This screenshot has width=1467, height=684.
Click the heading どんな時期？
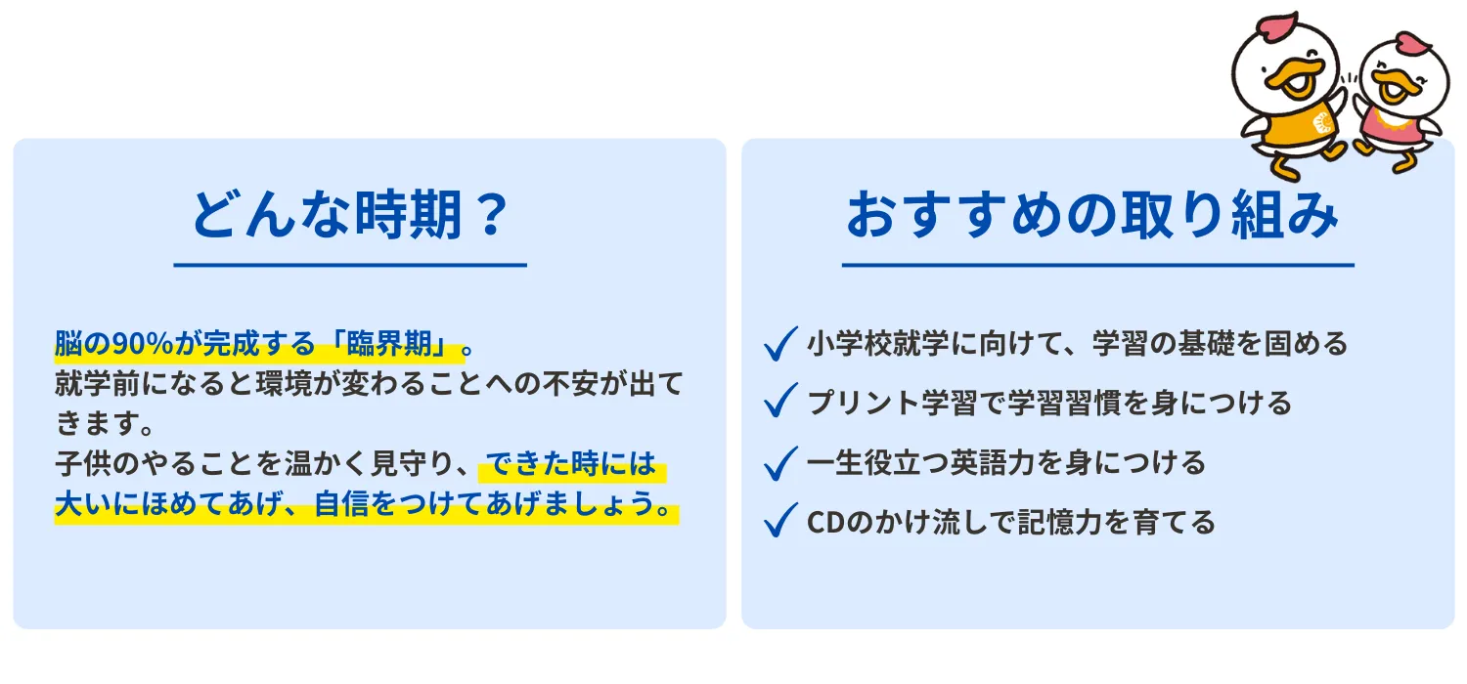(x=350, y=215)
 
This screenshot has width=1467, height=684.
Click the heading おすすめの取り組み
(x=1091, y=215)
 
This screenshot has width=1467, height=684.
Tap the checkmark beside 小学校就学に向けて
(x=780, y=344)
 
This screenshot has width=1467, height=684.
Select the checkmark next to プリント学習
(x=780, y=403)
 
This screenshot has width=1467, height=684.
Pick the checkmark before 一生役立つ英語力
(x=780, y=462)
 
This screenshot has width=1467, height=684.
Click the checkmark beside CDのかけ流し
(x=780, y=521)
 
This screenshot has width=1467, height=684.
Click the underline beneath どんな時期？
(x=350, y=265)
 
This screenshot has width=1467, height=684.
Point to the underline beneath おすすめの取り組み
(x=1097, y=265)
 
